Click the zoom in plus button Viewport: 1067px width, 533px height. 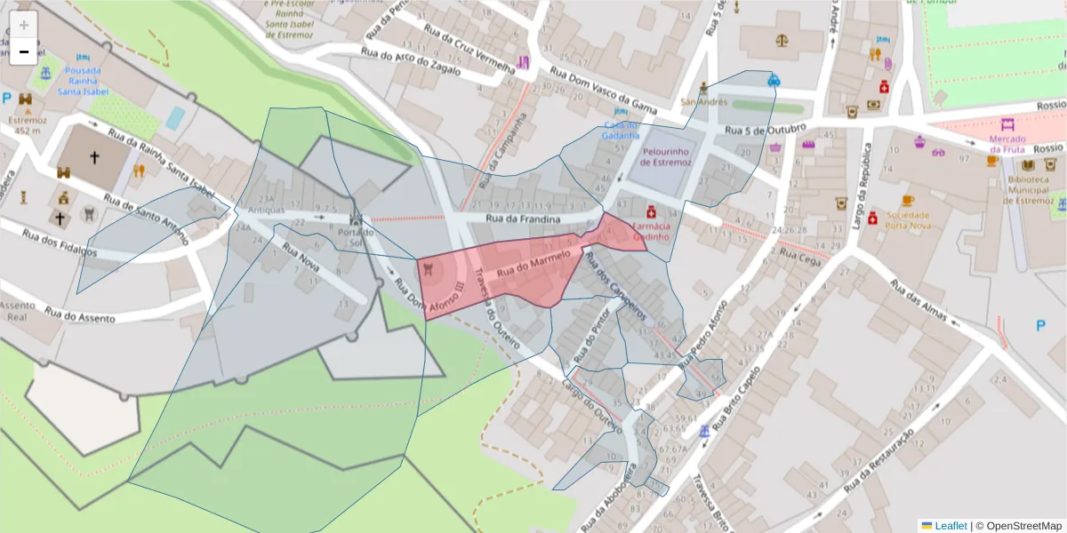tap(24, 25)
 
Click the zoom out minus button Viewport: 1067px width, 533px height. tap(24, 52)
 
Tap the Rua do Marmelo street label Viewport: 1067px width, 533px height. tap(533, 263)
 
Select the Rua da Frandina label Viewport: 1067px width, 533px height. tap(523, 219)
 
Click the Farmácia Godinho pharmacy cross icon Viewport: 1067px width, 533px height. tap(651, 212)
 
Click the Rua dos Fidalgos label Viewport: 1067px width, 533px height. tap(59, 244)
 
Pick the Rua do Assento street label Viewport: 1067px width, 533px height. tap(81, 315)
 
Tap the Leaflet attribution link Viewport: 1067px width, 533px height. tap(950, 526)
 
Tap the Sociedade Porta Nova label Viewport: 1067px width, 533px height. tap(907, 219)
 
